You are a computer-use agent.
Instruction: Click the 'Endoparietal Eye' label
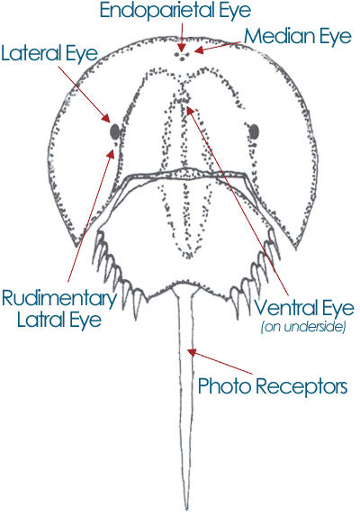(175, 11)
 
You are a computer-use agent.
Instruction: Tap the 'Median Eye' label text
(298, 36)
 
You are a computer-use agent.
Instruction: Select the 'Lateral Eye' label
(49, 54)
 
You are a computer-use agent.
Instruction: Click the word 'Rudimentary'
(59, 298)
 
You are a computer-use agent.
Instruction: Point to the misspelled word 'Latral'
(37, 319)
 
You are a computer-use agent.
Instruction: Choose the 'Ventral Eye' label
(304, 308)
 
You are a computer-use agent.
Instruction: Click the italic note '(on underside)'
(303, 327)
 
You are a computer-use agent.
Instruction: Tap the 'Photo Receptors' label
(273, 385)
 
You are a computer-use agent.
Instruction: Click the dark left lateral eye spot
(114, 131)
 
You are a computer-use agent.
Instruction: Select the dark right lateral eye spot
(254, 131)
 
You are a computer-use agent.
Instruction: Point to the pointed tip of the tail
(186, 509)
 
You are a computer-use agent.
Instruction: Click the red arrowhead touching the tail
(192, 353)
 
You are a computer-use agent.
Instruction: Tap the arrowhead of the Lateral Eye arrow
(106, 118)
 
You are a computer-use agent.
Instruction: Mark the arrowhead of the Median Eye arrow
(199, 50)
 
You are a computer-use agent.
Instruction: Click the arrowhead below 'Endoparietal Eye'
(181, 46)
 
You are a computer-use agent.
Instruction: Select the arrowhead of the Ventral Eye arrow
(190, 110)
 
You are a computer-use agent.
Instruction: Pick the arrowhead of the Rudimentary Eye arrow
(112, 154)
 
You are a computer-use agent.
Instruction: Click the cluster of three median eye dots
(182, 55)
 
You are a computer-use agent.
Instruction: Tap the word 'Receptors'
(301, 385)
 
